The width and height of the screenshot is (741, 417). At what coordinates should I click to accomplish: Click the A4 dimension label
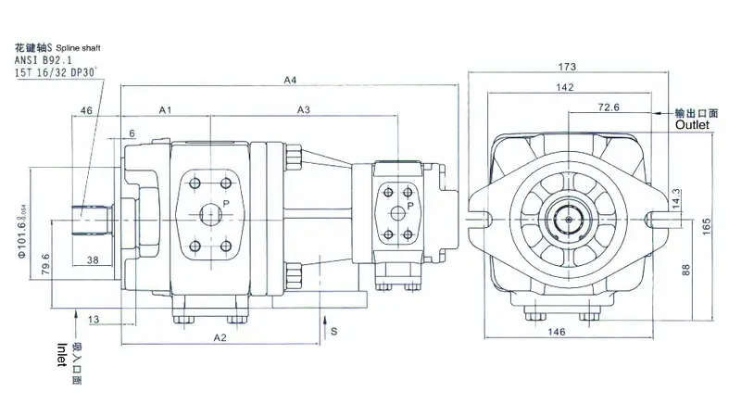(x=290, y=81)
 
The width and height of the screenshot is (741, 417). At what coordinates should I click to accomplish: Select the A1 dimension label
(x=166, y=110)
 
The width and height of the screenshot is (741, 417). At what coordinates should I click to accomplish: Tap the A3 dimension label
(x=303, y=110)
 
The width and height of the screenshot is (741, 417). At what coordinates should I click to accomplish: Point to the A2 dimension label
(x=220, y=337)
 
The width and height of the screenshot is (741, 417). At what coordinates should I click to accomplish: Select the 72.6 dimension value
(x=609, y=107)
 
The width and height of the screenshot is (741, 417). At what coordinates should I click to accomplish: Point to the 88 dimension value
(x=686, y=270)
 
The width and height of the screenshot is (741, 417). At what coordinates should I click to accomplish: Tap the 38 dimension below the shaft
(x=93, y=260)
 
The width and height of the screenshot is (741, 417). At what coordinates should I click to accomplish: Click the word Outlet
(x=691, y=123)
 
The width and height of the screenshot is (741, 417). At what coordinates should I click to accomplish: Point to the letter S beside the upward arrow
(x=334, y=329)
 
